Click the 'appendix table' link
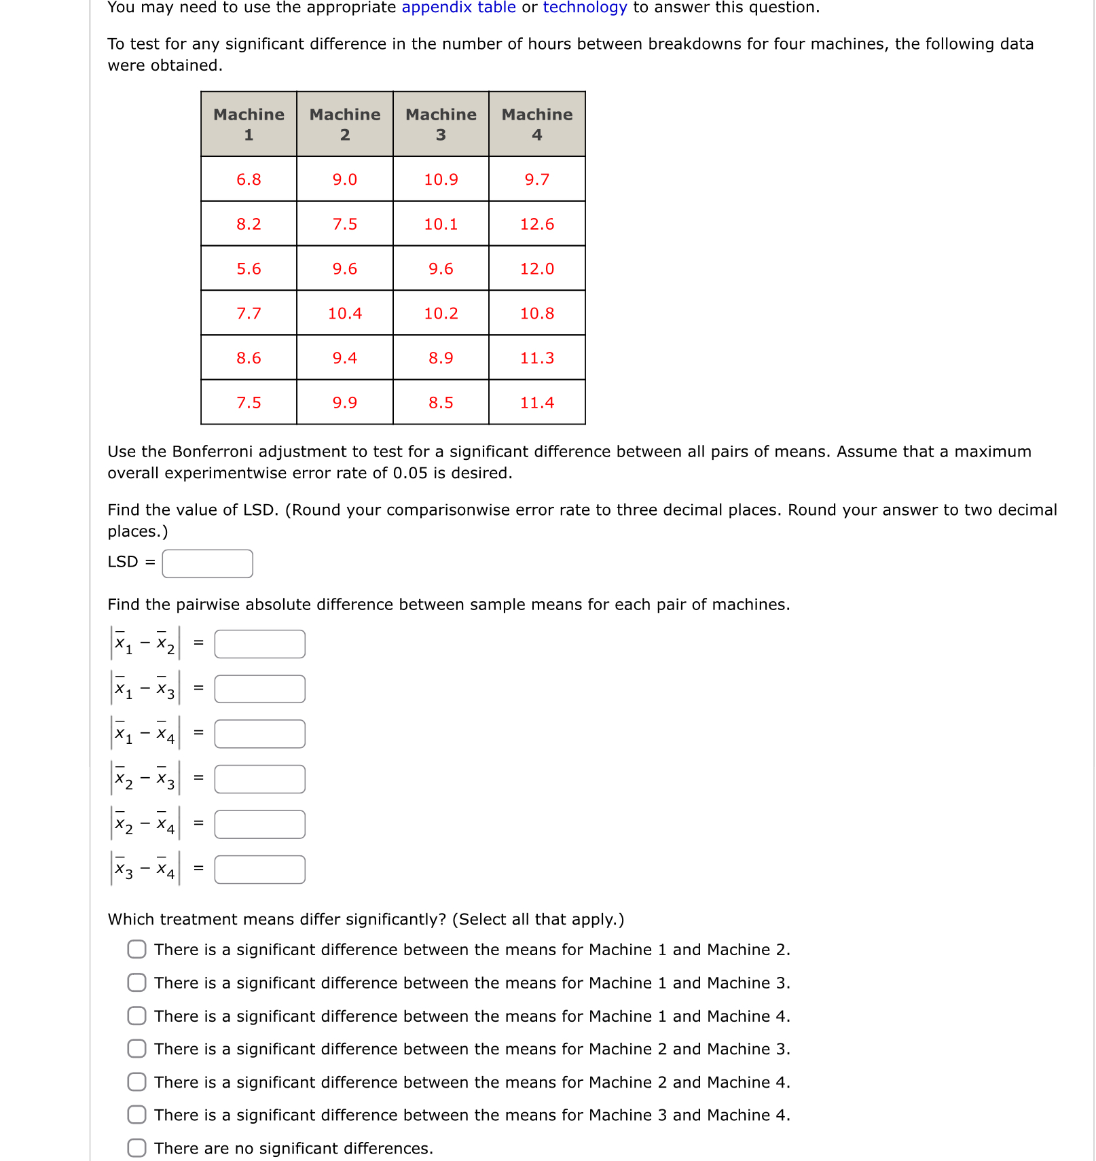458,7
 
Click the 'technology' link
585,7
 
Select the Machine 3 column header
441,124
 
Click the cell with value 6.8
249,179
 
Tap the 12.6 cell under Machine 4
536,224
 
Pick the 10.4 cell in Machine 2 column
345,313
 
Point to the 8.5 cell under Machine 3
441,403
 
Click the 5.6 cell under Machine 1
249,269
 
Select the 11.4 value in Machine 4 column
536,403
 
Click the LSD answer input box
207,564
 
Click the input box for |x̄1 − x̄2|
259,644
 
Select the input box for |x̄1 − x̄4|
259,734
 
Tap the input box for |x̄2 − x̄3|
259,779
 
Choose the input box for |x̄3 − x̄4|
259,870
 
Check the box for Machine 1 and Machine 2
136,949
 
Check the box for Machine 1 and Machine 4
136,1016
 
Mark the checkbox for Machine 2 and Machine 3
136,1048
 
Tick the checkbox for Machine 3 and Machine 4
136,1115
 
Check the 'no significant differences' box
136,1148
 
